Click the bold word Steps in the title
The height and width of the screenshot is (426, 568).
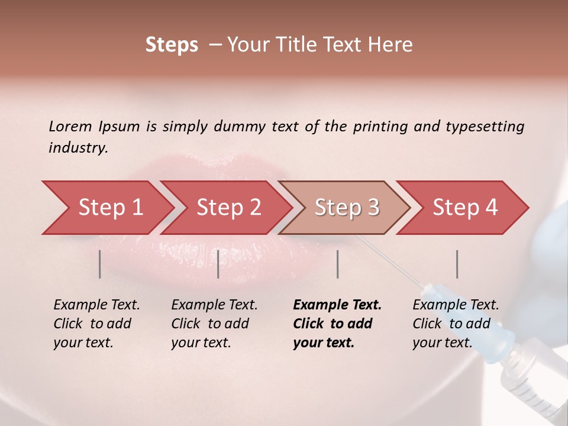point(172,45)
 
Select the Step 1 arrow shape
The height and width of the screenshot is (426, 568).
point(106,208)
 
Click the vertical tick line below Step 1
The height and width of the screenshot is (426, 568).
point(99,264)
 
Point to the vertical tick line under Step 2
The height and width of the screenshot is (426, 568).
point(218,264)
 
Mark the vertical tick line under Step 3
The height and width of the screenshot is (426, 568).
point(337,264)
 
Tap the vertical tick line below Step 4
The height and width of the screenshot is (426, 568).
point(457,264)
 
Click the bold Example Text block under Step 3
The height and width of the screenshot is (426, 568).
point(337,324)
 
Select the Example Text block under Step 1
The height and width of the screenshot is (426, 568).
point(96,324)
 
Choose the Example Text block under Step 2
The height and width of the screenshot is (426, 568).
point(214,324)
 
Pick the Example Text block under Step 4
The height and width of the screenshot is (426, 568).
point(456,324)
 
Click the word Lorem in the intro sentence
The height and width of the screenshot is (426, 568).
point(70,126)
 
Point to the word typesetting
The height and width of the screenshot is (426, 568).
point(485,127)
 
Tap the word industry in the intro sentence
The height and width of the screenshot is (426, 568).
point(78,148)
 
